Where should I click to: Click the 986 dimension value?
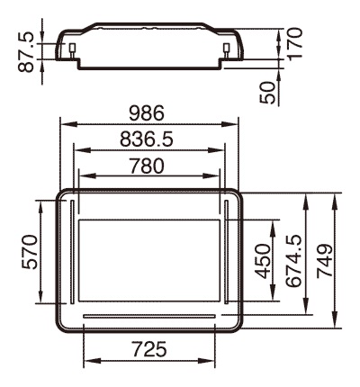pyautogui.click(x=147, y=112)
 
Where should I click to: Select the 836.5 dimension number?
pyautogui.click(x=147, y=139)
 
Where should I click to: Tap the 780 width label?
pyautogui.click(x=147, y=166)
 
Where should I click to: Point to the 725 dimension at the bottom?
pyautogui.click(x=149, y=348)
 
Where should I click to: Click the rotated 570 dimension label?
pyautogui.click(x=31, y=252)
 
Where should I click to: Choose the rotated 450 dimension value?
pyautogui.click(x=263, y=261)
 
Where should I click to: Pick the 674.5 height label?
pyautogui.click(x=293, y=261)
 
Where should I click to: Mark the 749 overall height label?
pyautogui.click(x=325, y=260)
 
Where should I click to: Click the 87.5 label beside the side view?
pyautogui.click(x=26, y=52)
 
